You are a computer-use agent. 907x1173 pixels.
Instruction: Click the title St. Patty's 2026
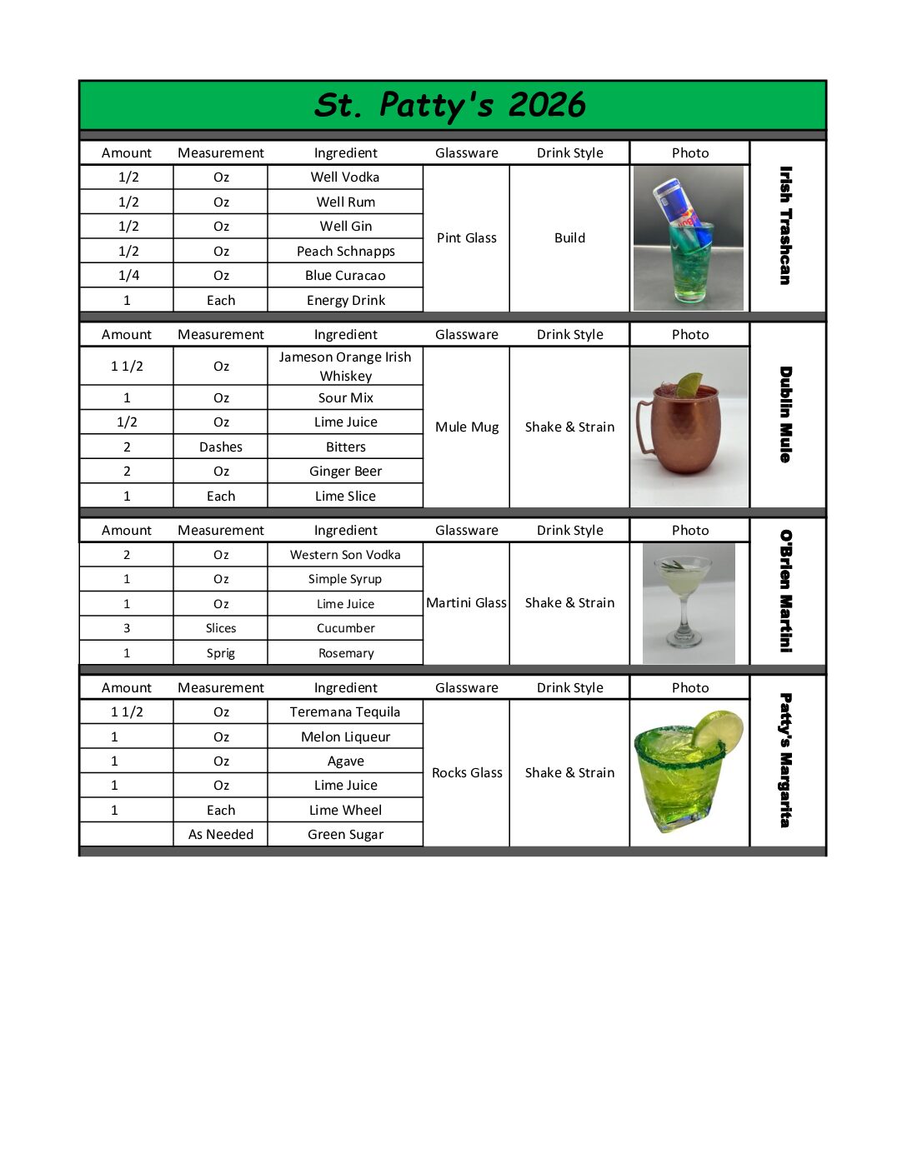[450, 105]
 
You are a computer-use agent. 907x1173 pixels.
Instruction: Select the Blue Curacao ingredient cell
[345, 276]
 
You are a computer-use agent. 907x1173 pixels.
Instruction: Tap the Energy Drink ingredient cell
[345, 301]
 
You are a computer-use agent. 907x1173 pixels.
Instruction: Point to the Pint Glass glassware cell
[466, 238]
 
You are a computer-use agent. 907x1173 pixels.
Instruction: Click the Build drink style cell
[569, 238]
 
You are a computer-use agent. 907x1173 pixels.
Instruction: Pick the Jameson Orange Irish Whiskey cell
[345, 367]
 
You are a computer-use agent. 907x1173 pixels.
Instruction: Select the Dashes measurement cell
[221, 447]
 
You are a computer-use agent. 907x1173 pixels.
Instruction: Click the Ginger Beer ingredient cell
[345, 472]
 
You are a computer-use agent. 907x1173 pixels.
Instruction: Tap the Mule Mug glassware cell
[466, 427]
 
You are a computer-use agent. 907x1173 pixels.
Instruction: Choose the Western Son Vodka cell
[345, 555]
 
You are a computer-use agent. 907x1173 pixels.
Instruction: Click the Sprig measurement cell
[221, 653]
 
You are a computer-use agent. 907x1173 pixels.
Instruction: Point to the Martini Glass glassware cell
[466, 603]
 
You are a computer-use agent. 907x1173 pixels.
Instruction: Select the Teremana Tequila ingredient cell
[345, 712]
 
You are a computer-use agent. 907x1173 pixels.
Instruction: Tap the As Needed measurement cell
[221, 835]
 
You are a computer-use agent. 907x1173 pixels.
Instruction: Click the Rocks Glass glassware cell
[467, 773]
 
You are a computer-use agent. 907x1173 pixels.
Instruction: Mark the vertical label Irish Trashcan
[785, 226]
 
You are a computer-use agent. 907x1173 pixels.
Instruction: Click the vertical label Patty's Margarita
[785, 760]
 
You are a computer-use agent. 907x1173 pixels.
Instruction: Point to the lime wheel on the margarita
[719, 731]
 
